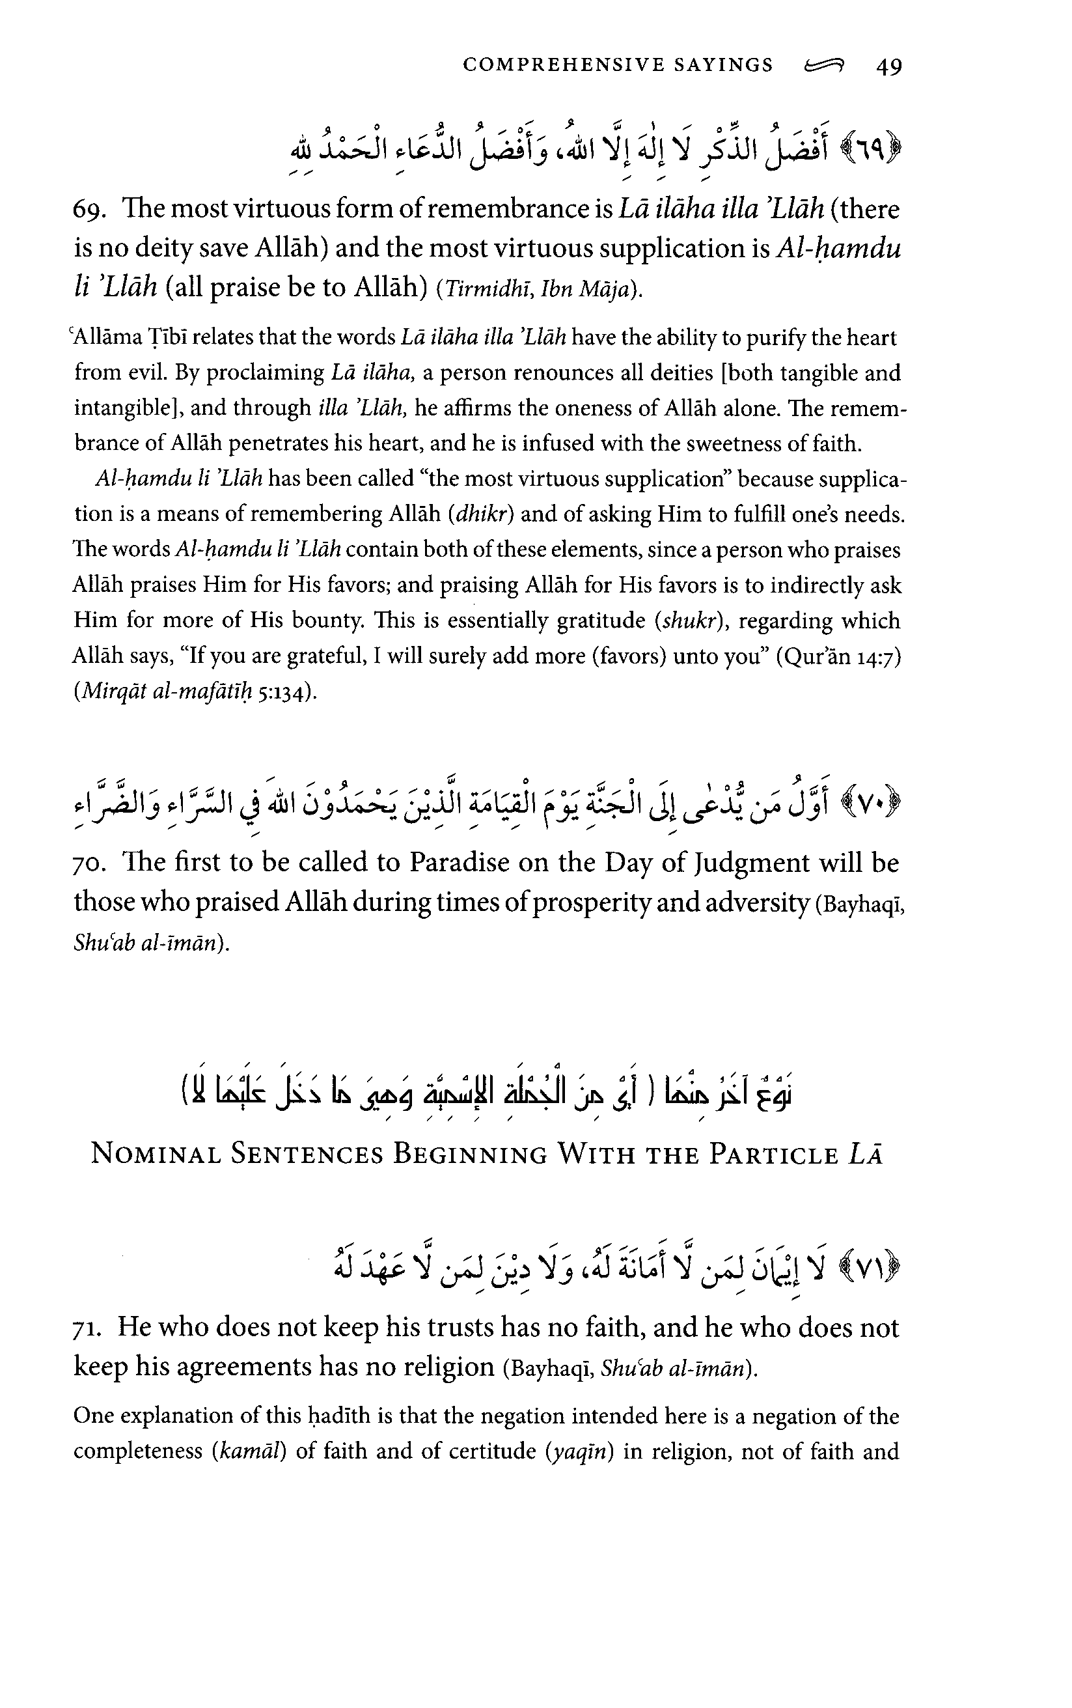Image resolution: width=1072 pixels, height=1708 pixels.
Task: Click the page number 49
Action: click(x=889, y=66)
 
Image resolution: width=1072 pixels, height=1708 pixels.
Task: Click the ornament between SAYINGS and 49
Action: click(x=825, y=66)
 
